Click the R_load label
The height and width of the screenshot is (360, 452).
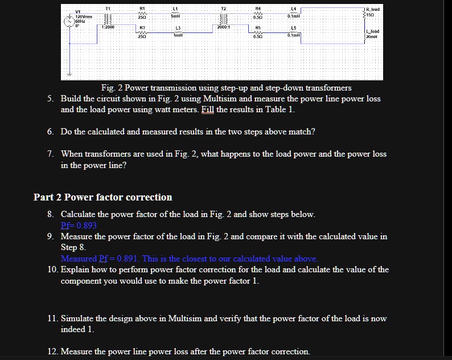pos(372,10)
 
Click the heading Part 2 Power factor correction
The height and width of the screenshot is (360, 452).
pos(102,197)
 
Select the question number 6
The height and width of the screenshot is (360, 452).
pos(51,132)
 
